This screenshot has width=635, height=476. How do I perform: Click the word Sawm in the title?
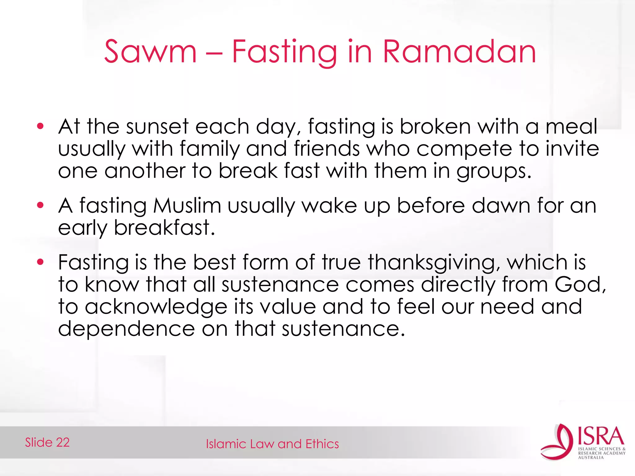coord(150,52)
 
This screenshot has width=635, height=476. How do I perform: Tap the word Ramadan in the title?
coord(459,52)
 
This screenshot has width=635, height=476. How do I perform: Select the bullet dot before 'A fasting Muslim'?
coord(40,205)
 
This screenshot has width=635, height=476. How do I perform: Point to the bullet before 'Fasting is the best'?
coord(40,262)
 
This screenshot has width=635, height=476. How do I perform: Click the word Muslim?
coord(187,206)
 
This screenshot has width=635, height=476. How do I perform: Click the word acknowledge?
coord(156,307)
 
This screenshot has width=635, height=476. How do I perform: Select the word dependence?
coord(127,329)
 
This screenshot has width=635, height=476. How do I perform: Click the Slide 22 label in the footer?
coord(47,443)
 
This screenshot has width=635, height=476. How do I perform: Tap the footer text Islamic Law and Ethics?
coord(272,444)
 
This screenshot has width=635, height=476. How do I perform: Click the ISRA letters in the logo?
coord(601,436)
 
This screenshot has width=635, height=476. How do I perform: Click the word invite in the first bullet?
coord(572,149)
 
